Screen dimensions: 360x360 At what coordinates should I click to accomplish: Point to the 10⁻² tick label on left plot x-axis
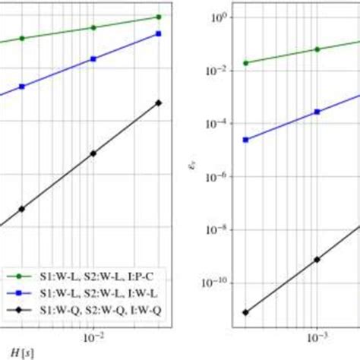(x=93, y=335)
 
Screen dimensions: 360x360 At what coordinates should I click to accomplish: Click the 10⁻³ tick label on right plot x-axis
(x=317, y=335)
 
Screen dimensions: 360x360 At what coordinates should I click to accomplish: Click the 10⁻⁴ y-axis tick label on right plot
(x=215, y=124)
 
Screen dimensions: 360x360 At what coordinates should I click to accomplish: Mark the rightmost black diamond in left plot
(x=158, y=103)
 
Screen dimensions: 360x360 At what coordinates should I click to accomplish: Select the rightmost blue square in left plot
(x=158, y=33)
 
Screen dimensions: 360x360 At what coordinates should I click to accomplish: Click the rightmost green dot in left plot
(x=158, y=16)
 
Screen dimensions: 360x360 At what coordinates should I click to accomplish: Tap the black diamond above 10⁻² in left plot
(x=93, y=153)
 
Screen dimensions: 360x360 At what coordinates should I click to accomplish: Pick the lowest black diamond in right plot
(x=245, y=312)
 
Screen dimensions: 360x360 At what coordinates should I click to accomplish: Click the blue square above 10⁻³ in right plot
(x=317, y=112)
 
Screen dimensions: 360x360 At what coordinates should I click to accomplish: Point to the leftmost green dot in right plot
(x=245, y=62)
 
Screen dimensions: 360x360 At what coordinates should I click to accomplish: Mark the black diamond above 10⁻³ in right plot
(x=317, y=259)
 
